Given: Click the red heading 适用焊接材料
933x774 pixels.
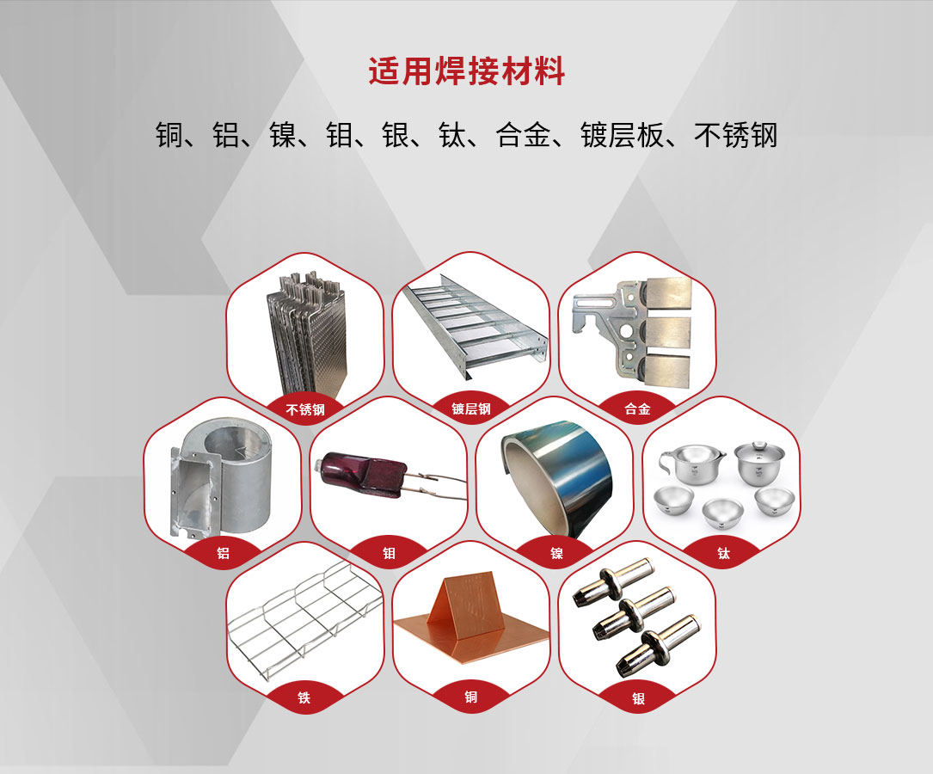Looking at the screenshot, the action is click(x=466, y=71).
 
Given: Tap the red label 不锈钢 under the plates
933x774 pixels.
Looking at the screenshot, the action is click(x=305, y=409).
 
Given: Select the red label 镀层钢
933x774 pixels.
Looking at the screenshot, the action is click(x=471, y=408).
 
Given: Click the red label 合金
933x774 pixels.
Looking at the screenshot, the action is click(x=637, y=408).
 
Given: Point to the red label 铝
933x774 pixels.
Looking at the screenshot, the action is click(x=223, y=553).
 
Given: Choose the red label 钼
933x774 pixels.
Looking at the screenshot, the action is click(x=390, y=553).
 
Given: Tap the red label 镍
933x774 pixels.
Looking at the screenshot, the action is click(x=556, y=553).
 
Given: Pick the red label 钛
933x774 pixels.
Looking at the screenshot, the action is click(x=723, y=553).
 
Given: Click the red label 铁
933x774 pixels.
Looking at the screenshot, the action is click(x=304, y=697).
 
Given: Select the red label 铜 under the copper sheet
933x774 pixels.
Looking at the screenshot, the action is click(x=470, y=697).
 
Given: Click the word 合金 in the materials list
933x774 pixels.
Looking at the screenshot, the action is click(x=522, y=135).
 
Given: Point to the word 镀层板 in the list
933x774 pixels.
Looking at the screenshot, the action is click(x=622, y=135).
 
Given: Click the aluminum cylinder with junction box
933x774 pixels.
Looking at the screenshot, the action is click(x=221, y=479).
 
